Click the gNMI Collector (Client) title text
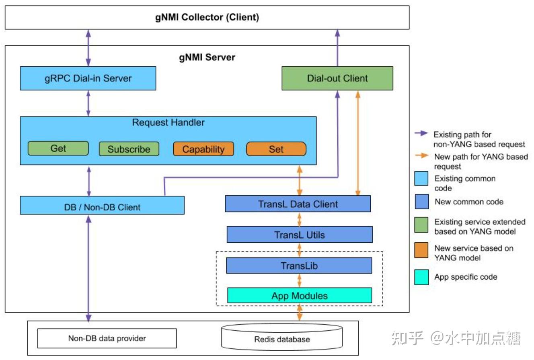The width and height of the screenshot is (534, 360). click(x=207, y=17)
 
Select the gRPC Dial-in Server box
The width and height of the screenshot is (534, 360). click(x=88, y=78)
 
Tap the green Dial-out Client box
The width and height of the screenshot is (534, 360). click(x=337, y=78)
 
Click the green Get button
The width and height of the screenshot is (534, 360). click(x=58, y=148)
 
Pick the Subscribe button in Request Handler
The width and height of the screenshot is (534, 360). click(x=129, y=149)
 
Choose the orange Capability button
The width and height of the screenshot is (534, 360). click(x=203, y=149)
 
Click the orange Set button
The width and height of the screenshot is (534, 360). click(x=276, y=149)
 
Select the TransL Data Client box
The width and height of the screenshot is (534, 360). click(x=298, y=204)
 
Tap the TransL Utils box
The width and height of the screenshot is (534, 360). click(x=299, y=235)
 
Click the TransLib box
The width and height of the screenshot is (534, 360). click(x=299, y=266)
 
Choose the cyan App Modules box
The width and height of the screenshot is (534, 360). click(x=299, y=296)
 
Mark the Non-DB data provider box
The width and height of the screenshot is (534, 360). click(x=107, y=338)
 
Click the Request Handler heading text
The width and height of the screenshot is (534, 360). click(x=168, y=123)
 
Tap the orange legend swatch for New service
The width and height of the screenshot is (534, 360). click(x=421, y=251)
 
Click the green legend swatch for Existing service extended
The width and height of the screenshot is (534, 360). click(x=421, y=224)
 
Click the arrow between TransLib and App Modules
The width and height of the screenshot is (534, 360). click(x=299, y=280)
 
